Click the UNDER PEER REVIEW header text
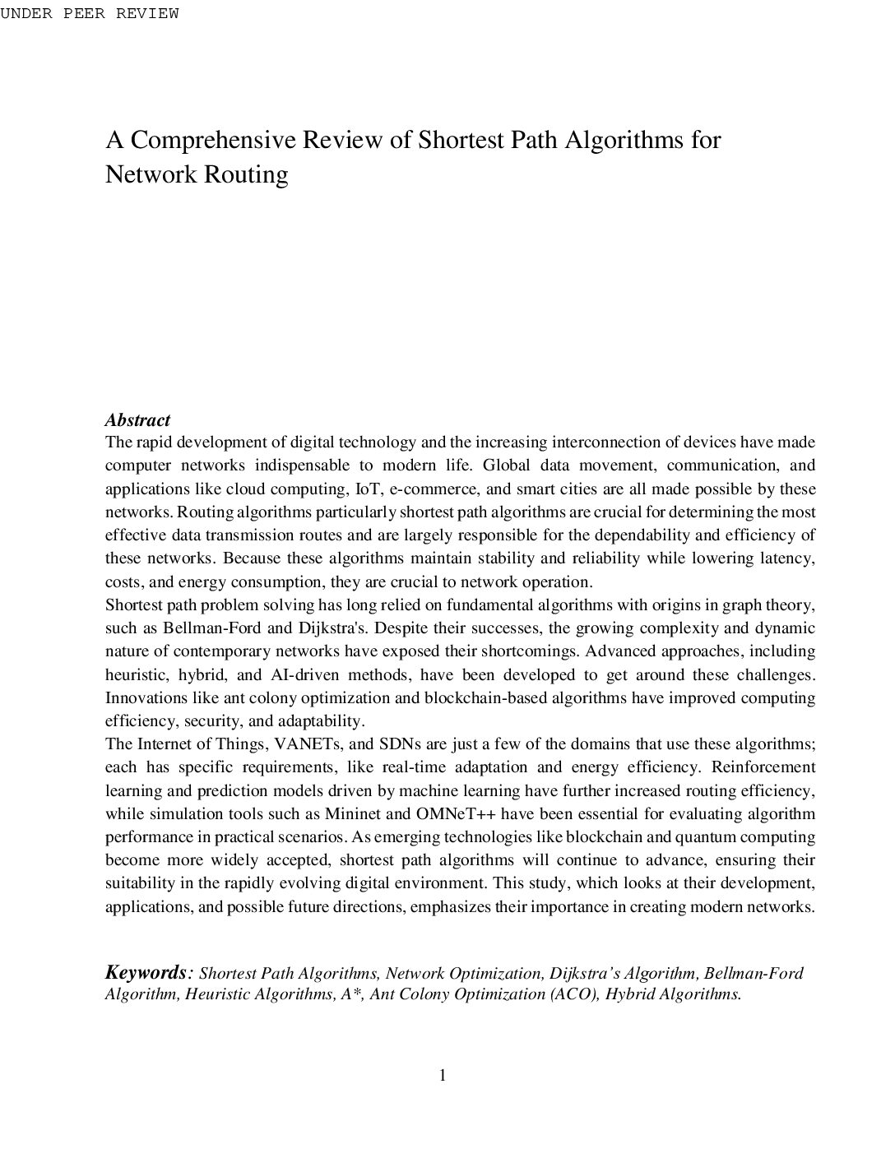pos(89,14)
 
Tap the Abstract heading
pos(137,420)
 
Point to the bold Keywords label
pos(145,972)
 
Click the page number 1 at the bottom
pos(443,1076)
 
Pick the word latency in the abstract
pos(787,558)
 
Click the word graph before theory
pos(743,605)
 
